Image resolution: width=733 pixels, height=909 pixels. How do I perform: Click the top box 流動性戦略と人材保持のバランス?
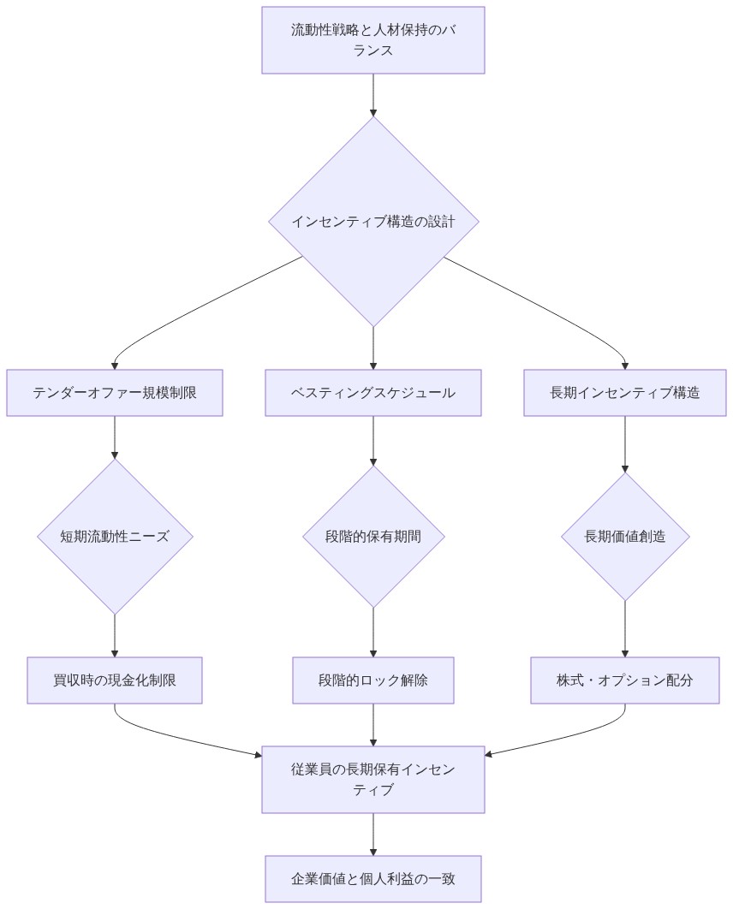[x=373, y=40]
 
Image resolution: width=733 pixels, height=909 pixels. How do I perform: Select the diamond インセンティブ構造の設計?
[x=373, y=222]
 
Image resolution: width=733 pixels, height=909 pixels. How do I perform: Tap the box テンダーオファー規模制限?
[x=115, y=393]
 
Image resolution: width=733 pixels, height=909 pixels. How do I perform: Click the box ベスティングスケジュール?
[x=373, y=393]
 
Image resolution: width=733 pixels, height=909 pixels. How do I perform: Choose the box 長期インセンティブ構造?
[x=625, y=393]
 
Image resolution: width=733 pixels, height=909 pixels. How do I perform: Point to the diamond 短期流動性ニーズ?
[x=115, y=537]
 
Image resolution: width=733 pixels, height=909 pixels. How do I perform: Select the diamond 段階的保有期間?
[x=373, y=537]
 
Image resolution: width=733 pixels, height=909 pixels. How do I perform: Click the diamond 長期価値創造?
[x=625, y=537]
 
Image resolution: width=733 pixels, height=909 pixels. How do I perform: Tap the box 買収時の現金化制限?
[x=115, y=680]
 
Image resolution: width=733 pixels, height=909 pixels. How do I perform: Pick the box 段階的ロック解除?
[x=373, y=680]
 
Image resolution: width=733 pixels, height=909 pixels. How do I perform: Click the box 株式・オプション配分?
[x=625, y=680]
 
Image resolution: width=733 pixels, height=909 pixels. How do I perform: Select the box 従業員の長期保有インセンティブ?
[x=373, y=780]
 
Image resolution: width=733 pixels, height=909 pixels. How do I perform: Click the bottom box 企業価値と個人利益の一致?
[x=373, y=879]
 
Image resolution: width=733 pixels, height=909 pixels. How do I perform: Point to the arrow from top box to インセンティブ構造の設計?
[x=373, y=94]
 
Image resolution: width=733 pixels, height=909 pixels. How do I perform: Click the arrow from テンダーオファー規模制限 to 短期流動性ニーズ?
[x=115, y=437]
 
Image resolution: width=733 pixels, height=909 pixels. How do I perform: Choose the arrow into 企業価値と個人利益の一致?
[x=373, y=835]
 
